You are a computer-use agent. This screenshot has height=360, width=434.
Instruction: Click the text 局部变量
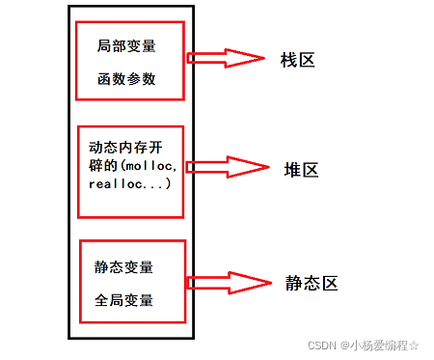coord(125,47)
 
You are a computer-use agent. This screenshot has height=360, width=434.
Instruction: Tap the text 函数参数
coord(125,80)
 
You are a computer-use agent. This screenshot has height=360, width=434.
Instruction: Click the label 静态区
coord(310,285)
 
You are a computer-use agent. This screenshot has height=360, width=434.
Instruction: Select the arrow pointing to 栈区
coord(227,58)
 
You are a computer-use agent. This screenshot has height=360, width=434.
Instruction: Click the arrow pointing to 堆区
coord(227,167)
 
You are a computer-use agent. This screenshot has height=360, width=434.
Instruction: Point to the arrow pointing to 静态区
coord(227,284)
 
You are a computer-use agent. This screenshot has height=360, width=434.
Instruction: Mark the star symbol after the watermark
coord(416,345)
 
